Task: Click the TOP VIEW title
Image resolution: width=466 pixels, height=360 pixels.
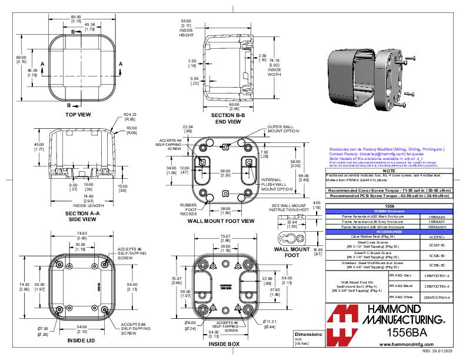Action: click(x=81, y=115)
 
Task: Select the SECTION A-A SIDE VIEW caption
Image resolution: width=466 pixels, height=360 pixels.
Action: click(x=81, y=216)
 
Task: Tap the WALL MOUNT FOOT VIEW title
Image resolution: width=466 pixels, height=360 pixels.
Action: click(x=221, y=221)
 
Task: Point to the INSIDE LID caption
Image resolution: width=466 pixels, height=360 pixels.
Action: click(x=81, y=340)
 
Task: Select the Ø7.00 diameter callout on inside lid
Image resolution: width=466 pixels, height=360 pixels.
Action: click(x=43, y=331)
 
